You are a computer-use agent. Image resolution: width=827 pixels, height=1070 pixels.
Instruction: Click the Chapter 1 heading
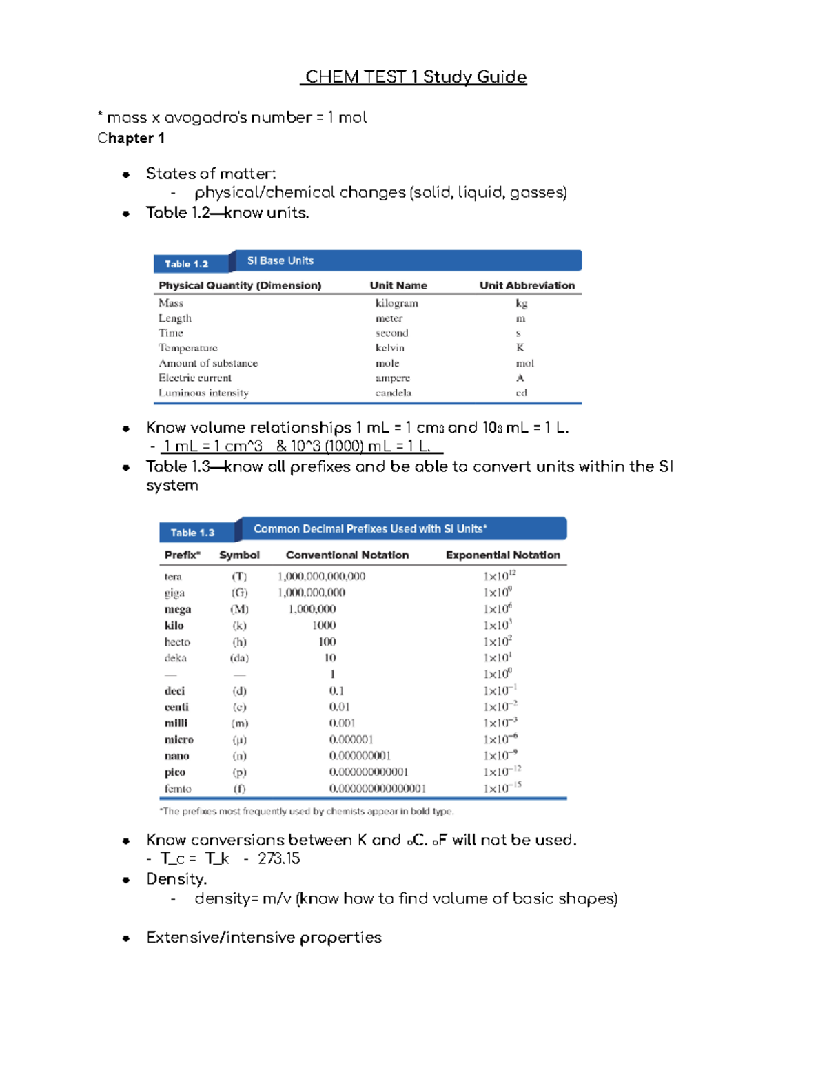131,138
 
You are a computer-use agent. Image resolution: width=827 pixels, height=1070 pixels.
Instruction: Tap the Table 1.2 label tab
186,264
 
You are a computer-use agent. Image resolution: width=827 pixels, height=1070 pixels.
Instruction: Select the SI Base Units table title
280,260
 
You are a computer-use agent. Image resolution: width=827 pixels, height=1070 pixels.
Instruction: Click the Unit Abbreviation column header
527,285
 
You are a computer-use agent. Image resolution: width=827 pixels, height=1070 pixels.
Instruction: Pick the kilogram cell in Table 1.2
396,303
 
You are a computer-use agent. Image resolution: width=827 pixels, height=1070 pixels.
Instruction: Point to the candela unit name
393,393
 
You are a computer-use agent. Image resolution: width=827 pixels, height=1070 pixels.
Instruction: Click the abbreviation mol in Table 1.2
524,363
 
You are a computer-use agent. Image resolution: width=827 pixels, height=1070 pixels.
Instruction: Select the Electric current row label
195,378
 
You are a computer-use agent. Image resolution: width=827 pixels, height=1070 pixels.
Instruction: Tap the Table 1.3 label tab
192,533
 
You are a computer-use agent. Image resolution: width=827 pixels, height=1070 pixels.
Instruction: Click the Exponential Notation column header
502,555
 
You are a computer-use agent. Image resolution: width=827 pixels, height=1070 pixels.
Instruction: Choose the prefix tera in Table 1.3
173,577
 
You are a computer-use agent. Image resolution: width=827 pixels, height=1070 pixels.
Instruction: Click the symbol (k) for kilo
239,626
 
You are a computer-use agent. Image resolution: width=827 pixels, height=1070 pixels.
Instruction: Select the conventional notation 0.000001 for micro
351,739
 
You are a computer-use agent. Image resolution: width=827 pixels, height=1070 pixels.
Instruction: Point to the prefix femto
178,789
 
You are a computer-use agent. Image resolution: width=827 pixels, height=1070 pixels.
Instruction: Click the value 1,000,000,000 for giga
312,593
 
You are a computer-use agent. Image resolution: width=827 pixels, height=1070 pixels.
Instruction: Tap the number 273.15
279,858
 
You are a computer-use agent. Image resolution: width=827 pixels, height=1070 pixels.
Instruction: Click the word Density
176,879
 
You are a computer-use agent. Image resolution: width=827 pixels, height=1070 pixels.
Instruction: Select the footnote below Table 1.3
306,812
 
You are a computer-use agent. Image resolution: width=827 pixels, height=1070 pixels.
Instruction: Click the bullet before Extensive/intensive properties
126,938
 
